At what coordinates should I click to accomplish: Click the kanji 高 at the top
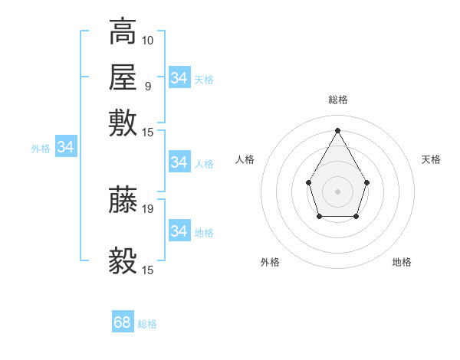coord(123,32)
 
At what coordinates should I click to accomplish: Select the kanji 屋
coord(123,77)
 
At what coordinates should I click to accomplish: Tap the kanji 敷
coord(123,123)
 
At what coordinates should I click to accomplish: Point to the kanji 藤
coord(123,199)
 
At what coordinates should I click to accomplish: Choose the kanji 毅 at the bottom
coord(123,261)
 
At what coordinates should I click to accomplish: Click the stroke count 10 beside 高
coord(148,40)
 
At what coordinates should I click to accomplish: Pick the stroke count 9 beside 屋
coord(147,85)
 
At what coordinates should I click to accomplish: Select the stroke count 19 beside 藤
coord(148,208)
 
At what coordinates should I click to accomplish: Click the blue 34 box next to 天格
coord(179,78)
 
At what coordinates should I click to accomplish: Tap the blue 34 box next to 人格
coord(179,162)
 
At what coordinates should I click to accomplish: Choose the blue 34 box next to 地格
coord(179,231)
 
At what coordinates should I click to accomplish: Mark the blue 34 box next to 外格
coord(65,147)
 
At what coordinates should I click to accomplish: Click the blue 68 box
coord(123,322)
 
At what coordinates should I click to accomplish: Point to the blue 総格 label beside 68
coord(147,324)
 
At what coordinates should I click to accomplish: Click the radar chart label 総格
coord(337,100)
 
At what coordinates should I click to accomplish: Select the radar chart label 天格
coord(431,159)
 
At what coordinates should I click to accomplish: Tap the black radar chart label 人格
coord(245,159)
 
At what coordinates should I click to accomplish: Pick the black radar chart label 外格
coord(270,262)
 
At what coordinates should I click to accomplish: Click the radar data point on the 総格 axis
coord(337,129)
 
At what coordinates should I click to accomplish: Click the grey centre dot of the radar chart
coord(337,190)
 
